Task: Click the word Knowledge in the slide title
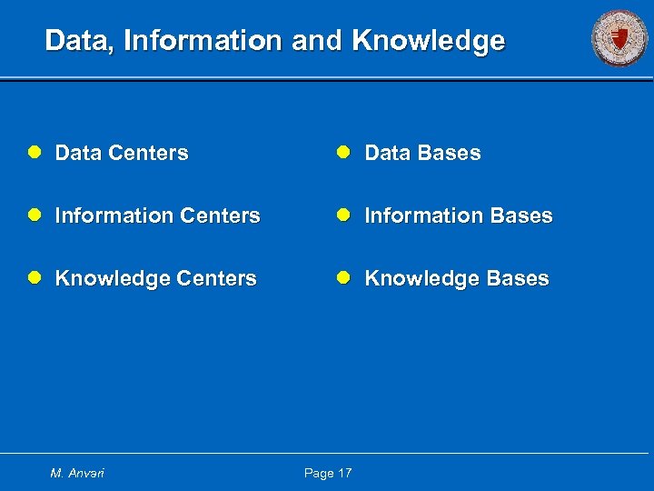428,41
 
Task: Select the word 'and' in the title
319,41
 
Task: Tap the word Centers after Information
220,215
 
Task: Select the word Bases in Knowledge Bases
518,278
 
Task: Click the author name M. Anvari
78,473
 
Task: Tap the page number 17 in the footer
343,473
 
